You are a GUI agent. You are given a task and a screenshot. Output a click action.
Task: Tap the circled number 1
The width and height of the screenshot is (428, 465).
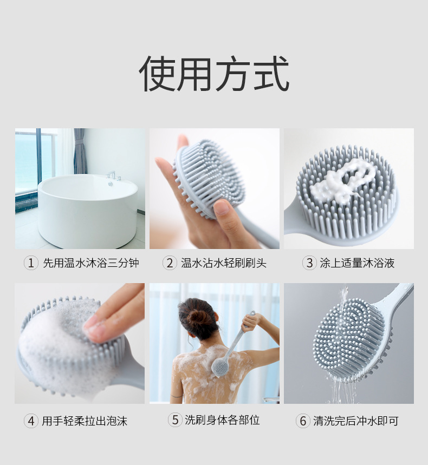point(31,263)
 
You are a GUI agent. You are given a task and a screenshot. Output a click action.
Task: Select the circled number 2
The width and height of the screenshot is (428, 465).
point(170,263)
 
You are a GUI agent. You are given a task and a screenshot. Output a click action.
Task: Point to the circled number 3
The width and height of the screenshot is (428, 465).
point(309,263)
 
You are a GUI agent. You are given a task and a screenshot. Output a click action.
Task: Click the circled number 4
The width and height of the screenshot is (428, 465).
point(31,421)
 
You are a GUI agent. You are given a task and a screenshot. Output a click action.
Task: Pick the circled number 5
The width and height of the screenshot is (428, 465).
point(175,420)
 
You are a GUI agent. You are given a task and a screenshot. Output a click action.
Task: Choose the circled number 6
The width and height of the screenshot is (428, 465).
point(303,421)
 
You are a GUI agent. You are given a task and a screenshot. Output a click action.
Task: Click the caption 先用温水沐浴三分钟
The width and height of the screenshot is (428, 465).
point(91,263)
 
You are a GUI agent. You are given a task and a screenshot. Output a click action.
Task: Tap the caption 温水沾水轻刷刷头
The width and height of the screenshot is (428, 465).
point(224,263)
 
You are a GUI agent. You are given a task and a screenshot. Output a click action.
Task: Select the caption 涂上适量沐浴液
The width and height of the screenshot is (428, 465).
point(357,263)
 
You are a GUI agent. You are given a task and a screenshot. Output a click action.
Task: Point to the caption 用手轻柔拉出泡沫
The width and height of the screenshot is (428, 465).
point(85,421)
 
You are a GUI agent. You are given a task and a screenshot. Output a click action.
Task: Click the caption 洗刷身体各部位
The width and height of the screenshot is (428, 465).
point(222,420)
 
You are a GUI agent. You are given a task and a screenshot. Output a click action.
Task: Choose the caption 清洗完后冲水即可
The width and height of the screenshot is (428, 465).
point(356,421)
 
